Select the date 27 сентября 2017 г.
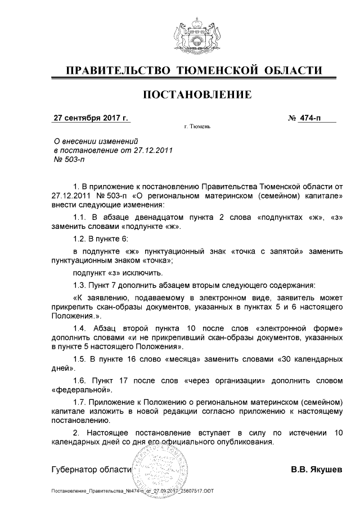[91, 118]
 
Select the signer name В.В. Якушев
[316, 469]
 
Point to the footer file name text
[132, 492]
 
